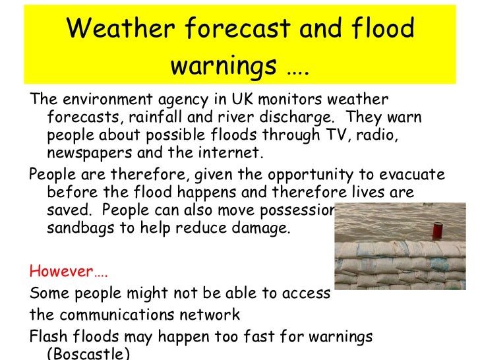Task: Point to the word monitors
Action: [x=287, y=100]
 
